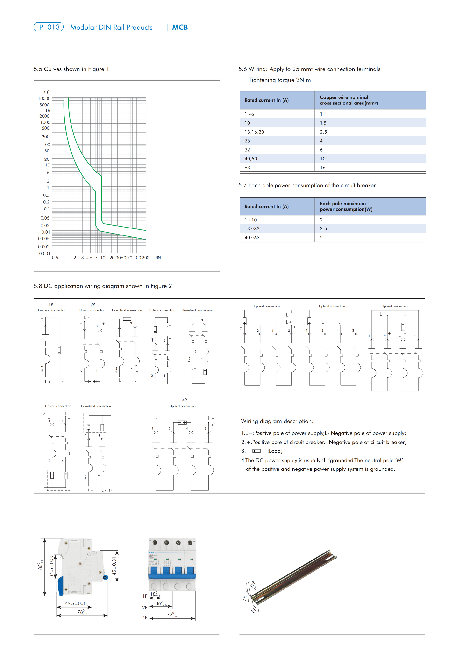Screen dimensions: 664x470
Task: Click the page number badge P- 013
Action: pos(49,27)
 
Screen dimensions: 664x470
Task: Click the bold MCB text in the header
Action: pos(180,28)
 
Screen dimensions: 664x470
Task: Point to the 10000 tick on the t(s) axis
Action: pos(44,99)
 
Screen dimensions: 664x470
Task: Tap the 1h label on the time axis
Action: pos(48,111)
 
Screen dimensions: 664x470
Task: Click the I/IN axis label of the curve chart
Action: pos(157,258)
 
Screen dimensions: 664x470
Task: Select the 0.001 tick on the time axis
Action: pos(45,254)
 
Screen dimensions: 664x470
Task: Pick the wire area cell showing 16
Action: pos(323,168)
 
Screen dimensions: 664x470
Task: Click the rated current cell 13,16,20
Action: pos(254,132)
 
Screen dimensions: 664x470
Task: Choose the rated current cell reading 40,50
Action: pos(251,159)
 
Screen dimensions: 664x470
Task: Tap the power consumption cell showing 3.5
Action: pos(323,229)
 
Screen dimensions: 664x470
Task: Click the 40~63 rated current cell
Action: pos(252,238)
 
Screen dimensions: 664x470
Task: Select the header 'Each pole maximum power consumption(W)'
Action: pos(346,207)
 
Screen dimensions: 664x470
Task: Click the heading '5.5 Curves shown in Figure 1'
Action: pos(71,69)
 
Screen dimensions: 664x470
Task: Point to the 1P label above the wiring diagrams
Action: pos(51,304)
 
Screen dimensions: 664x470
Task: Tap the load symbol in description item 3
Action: pos(256,451)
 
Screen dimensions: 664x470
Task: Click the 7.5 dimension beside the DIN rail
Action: pos(245,598)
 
